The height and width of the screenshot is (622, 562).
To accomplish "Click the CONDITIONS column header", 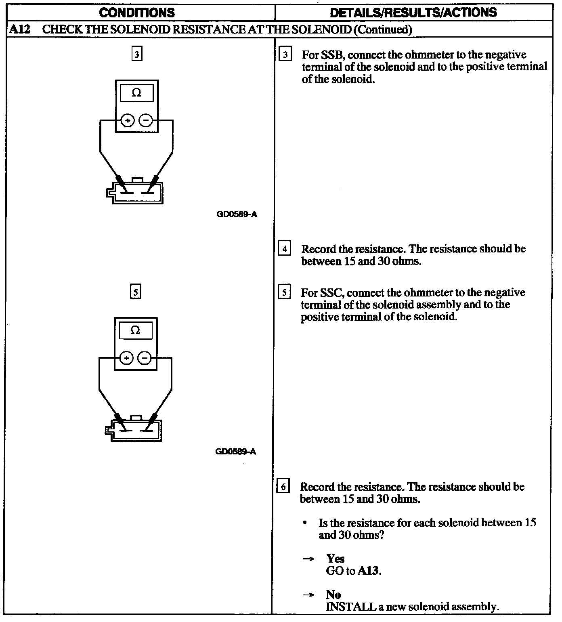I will pos(137,13).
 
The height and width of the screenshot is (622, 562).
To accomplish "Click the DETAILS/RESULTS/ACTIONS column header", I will pos(413,13).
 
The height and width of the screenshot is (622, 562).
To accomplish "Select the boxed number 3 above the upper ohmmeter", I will pos(137,54).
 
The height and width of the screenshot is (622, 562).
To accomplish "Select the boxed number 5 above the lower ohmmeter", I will pos(136,292).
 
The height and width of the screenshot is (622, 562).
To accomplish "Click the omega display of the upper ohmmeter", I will pos(137,93).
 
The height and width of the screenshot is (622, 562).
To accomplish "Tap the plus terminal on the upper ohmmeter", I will pos(128,120).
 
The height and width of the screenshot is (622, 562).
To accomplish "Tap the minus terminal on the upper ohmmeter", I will pos(146,120).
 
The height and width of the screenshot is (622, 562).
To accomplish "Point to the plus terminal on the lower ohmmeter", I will pos(127,358).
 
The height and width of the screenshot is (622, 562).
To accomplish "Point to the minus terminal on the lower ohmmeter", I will pos(145,358).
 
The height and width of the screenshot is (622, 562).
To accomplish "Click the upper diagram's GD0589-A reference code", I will pos(237,214).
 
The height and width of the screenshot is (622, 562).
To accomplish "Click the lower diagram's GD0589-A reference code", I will pos(235,452).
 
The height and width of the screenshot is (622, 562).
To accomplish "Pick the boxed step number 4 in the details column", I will pos(284,249).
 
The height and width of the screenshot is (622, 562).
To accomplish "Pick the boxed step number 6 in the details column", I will pos(283,487).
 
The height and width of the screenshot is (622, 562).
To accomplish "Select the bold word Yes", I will pos(336,559).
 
